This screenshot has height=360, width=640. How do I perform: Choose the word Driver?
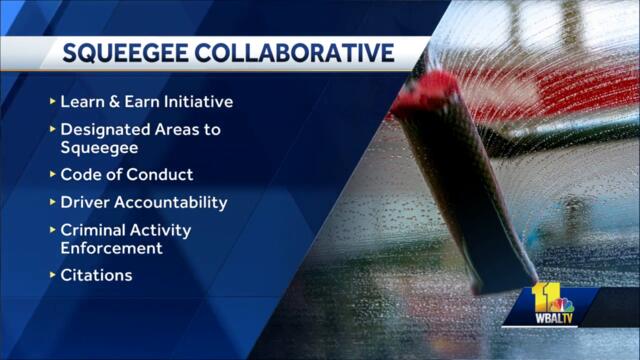(x=85, y=202)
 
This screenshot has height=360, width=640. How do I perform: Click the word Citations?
(x=96, y=274)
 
